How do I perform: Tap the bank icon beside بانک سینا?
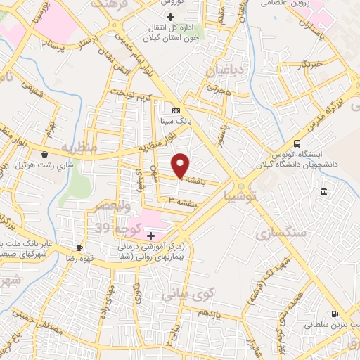(176, 110)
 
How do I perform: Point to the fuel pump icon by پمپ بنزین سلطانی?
(335, 314)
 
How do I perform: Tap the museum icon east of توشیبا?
(323, 192)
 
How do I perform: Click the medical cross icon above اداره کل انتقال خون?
(169, 16)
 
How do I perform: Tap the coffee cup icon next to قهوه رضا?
(79, 247)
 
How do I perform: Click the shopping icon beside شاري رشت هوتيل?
(45, 154)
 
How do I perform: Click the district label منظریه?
(78, 149)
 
